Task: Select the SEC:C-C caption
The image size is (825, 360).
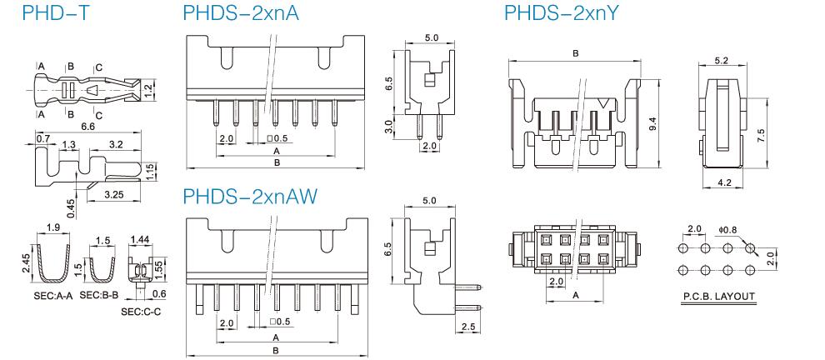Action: click(x=142, y=311)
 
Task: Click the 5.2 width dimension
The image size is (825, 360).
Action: click(x=721, y=61)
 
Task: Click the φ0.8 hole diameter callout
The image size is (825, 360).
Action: click(x=727, y=229)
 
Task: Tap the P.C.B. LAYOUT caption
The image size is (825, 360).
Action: click(x=717, y=296)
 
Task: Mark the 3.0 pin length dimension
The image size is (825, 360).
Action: click(x=388, y=127)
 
